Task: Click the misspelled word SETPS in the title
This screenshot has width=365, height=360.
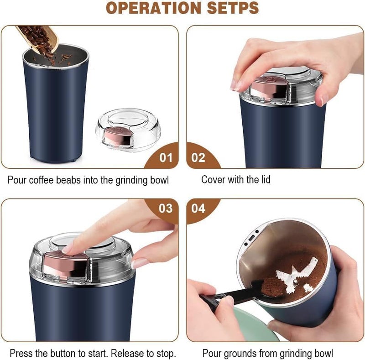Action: [x=233, y=8]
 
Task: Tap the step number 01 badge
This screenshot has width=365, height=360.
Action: [x=165, y=158]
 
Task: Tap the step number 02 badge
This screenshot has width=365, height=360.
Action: [x=198, y=158]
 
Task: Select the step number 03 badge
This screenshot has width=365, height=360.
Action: [x=165, y=208]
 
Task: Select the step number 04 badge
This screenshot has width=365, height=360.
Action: [x=198, y=208]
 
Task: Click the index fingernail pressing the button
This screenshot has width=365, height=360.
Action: [x=68, y=249]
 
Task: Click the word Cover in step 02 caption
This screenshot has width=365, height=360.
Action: [x=213, y=180]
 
